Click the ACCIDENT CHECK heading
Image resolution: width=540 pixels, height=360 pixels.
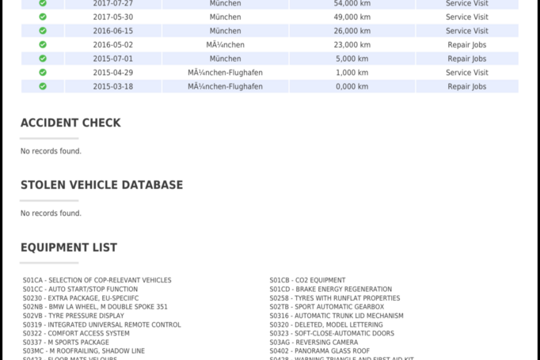(70, 123)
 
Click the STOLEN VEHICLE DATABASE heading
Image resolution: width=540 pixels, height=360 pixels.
(101, 185)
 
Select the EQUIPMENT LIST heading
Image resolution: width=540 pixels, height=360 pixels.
(69, 248)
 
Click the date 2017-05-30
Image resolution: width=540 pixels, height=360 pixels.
(112, 17)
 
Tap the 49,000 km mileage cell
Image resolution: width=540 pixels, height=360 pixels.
(352, 17)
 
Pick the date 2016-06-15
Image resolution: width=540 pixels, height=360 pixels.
(112, 31)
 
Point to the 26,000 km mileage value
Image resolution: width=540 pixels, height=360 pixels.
(352, 31)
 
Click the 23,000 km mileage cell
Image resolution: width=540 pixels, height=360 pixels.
(352, 45)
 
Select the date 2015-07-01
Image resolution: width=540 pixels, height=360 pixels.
(112, 59)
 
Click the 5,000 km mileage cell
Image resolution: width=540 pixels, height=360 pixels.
(352, 59)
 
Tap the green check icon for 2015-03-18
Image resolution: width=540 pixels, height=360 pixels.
(43, 86)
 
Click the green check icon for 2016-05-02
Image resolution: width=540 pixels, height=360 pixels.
(43, 45)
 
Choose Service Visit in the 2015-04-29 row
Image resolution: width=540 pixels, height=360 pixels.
(466, 73)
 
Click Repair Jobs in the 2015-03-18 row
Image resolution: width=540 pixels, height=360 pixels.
(466, 86)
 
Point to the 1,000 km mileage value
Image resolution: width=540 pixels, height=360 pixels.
(352, 73)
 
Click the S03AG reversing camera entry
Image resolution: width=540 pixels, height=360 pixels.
(314, 343)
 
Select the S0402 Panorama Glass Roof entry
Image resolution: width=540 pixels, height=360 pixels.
(319, 351)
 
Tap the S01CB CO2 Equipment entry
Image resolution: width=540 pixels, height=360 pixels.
(307, 280)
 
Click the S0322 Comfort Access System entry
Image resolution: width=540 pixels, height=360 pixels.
(76, 334)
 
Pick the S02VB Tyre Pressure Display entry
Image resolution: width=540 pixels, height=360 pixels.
(74, 316)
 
